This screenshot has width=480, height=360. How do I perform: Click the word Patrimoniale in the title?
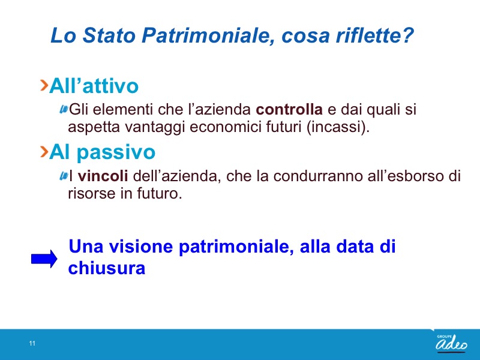[208, 35]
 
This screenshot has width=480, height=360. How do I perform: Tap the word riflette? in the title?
[374, 35]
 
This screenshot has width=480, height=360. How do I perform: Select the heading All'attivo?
[94, 85]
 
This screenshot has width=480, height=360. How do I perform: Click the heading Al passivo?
[102, 152]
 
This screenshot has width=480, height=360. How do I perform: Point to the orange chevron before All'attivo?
[44, 85]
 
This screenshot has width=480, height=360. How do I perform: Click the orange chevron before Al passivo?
[44, 152]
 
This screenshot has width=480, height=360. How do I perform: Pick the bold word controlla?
[289, 109]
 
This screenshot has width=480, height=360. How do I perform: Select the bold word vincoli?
[103, 176]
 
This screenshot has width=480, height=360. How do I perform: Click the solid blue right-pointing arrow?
[44, 259]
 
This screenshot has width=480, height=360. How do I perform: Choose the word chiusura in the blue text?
[107, 268]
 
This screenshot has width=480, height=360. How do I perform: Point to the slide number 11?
[32, 343]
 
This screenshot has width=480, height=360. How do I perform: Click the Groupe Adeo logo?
[452, 343]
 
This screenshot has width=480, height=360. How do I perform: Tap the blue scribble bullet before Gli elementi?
[64, 109]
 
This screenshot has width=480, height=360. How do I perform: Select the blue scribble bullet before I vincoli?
[64, 176]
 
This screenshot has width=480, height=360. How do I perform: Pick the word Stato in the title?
[109, 35]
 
